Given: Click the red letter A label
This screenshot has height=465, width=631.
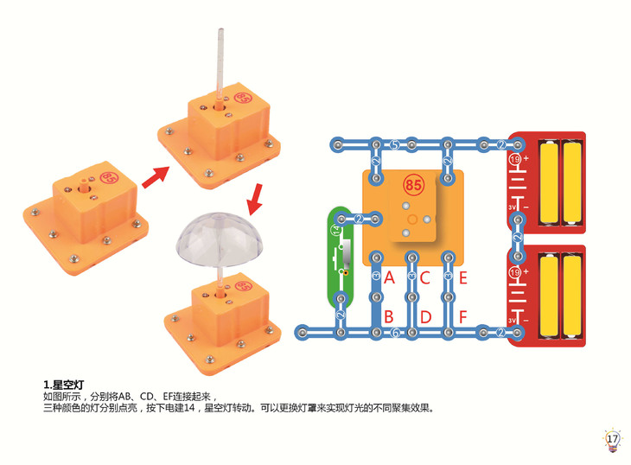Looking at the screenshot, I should point(389,278).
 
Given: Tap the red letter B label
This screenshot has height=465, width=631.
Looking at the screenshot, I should point(389,316).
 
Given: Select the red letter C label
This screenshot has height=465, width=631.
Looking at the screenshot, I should point(425,278).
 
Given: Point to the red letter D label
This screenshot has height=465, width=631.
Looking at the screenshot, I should point(425,316).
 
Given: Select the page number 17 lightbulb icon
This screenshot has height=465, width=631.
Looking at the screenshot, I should point(612,439).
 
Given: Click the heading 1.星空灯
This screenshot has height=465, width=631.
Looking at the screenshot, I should point(62,384).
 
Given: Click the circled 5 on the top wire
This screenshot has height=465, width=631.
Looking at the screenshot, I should point(394,143).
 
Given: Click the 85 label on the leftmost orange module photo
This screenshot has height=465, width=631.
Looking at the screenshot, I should point(110,178).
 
